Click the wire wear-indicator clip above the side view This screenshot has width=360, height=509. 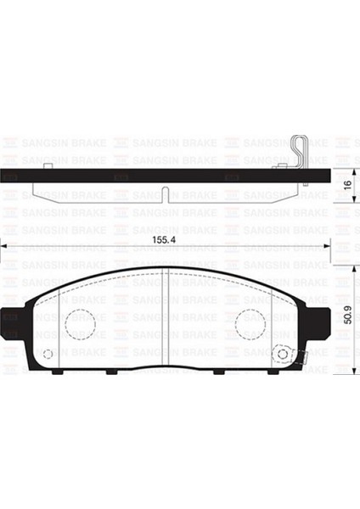click(294, 153)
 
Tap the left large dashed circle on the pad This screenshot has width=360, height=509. click(79, 322)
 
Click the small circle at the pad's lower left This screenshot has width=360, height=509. click(48, 354)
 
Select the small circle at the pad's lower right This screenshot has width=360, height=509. click(283, 354)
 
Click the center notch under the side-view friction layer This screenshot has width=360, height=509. click(167, 189)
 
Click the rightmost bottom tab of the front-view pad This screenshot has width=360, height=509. click(278, 372)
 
